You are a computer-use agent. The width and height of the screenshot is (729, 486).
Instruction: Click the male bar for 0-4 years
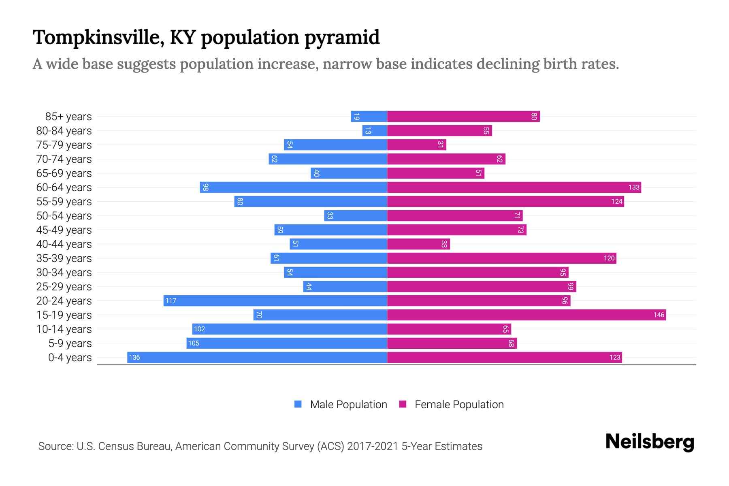click(x=257, y=357)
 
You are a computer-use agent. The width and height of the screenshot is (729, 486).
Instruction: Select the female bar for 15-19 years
click(x=526, y=315)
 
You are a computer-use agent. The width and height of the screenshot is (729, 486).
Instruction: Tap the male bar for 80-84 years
click(x=375, y=130)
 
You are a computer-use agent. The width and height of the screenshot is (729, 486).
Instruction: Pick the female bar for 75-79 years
click(x=416, y=145)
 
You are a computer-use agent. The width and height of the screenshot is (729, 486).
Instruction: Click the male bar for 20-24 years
click(x=275, y=301)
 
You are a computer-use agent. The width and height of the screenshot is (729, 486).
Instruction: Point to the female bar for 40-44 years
click(x=418, y=244)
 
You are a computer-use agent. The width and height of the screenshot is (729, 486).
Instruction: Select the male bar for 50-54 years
click(x=356, y=215)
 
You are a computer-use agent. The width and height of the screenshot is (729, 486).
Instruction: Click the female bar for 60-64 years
click(x=514, y=187)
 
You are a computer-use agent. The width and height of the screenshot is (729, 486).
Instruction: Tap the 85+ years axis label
click(x=68, y=117)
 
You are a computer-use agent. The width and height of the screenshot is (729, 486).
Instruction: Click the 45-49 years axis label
click(x=64, y=230)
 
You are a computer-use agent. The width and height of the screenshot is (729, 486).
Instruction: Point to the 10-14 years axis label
click(x=64, y=329)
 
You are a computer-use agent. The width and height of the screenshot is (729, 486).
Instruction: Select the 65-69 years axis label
click(x=64, y=173)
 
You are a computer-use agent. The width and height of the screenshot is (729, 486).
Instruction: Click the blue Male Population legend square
click(x=298, y=404)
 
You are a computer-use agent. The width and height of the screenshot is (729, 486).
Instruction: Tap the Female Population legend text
click(x=459, y=404)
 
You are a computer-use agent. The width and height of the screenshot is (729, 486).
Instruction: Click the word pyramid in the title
click(x=342, y=38)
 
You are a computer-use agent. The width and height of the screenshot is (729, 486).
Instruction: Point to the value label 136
click(x=134, y=357)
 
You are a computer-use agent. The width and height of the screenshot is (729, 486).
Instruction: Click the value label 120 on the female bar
click(x=609, y=258)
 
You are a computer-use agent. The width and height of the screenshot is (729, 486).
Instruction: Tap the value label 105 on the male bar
click(x=194, y=343)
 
